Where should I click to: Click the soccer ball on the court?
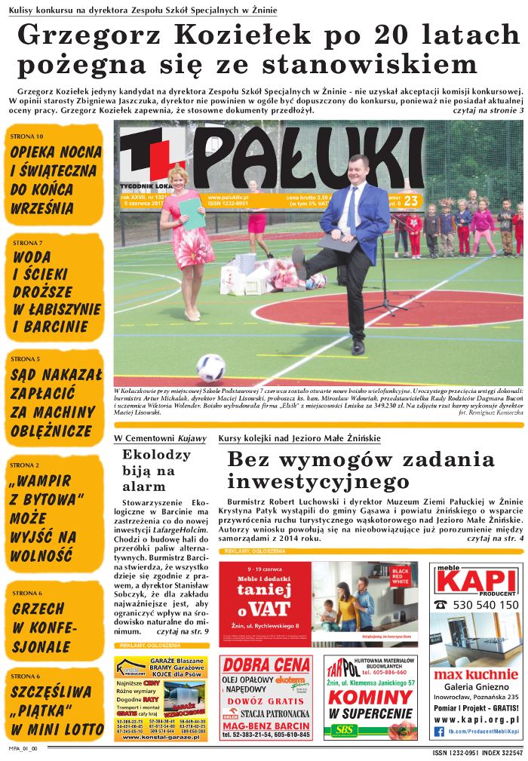click(x=210, y=367)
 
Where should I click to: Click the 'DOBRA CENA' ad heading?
click(x=266, y=666)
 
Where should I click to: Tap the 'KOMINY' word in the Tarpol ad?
click(x=370, y=698)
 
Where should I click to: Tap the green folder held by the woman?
click(x=192, y=213)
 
